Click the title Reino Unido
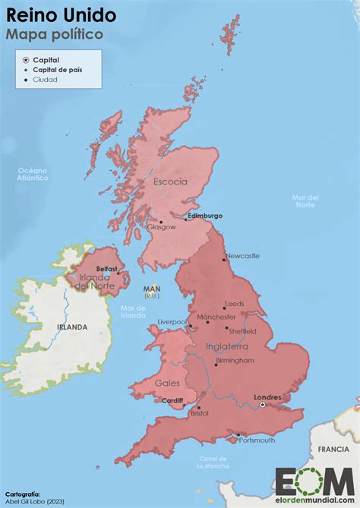[62, 14]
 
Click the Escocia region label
[170, 182]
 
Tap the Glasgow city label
[161, 226]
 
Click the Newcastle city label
[242, 256]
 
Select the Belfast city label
[107, 269]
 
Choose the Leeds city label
[235, 304]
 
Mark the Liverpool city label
[172, 322]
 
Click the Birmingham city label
[234, 360]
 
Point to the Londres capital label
[267, 397]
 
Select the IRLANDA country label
[71, 327]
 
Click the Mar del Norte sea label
[305, 201]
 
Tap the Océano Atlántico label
[33, 174]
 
